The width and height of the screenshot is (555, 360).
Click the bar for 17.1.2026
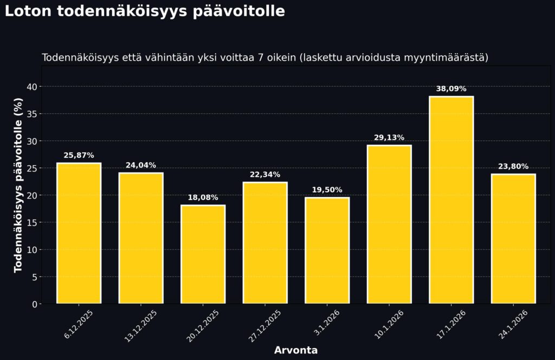tap(451, 200)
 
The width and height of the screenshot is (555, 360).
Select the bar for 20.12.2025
tap(203, 254)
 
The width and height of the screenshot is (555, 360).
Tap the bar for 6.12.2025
tap(79, 233)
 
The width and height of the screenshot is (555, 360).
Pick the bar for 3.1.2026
tap(327, 250)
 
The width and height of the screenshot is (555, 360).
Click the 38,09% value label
tap(451, 89)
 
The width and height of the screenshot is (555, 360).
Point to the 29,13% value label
tap(389, 138)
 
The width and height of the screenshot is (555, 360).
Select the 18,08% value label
tap(203, 197)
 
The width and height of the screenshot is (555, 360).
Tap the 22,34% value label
tap(265, 175)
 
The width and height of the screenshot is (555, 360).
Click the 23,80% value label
tap(513, 166)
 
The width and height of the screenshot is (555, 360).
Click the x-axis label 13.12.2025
tap(141, 325)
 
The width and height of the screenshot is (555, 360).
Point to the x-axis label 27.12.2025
tap(265, 325)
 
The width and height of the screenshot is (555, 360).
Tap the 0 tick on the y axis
tap(34, 304)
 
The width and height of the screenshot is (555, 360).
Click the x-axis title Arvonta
tap(296, 350)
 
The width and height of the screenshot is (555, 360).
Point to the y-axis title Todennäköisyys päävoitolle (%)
tap(18, 185)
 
